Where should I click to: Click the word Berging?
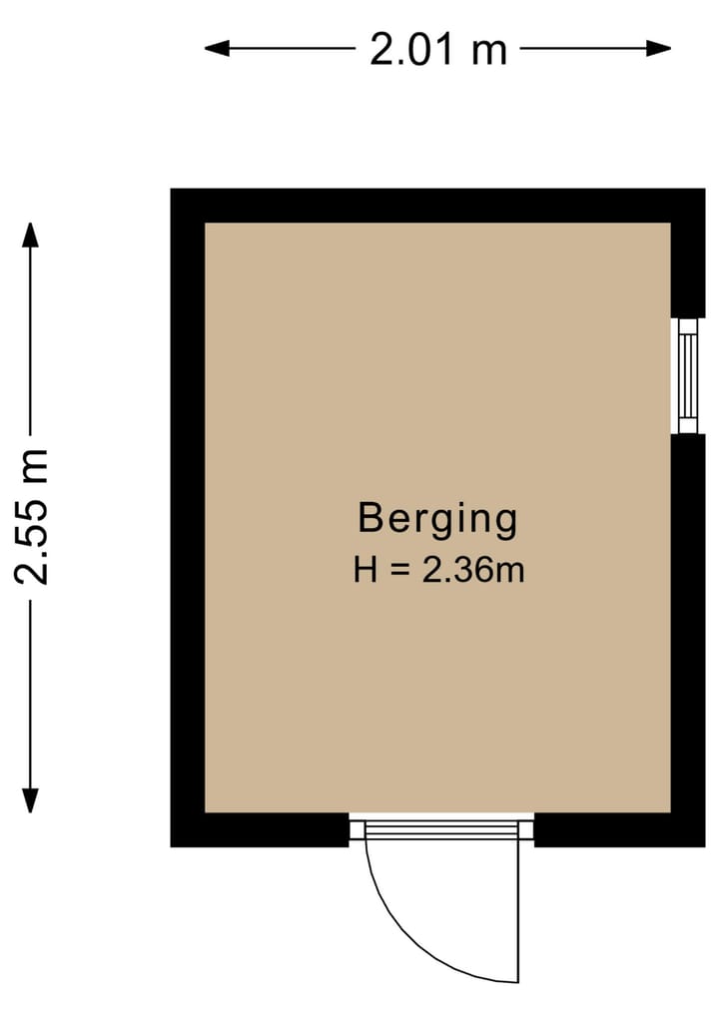click(x=437, y=520)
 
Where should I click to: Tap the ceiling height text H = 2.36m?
click(x=438, y=571)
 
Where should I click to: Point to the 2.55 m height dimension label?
click(x=31, y=516)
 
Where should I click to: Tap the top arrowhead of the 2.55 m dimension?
click(x=31, y=233)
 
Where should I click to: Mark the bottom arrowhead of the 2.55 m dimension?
click(x=31, y=802)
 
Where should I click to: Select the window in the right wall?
click(x=687, y=375)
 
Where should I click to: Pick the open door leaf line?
click(x=519, y=908)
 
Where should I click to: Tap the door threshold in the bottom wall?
click(x=441, y=828)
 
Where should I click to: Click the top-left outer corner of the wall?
click(x=173, y=191)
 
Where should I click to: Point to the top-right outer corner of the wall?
click(x=703, y=191)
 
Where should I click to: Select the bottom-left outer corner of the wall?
click(x=173, y=844)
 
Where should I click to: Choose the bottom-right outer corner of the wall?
click(x=703, y=844)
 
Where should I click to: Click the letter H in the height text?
click(x=364, y=571)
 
